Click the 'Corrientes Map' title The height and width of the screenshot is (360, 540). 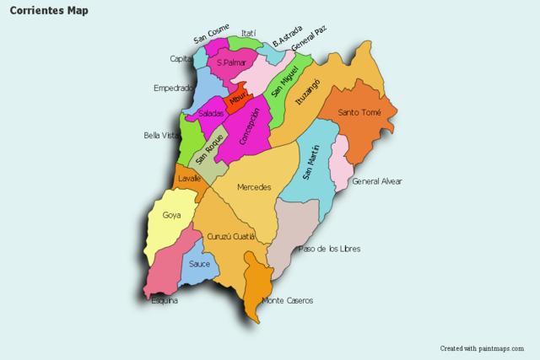[x=48, y=11]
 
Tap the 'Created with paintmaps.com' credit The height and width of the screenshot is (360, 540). [x=481, y=348]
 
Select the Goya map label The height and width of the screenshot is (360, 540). [x=172, y=215]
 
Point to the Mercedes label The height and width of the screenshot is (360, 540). [x=254, y=187]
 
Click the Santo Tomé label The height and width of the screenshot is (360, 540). [x=359, y=113]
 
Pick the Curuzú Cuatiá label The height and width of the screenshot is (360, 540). [x=230, y=236]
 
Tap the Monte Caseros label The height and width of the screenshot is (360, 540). [x=287, y=301]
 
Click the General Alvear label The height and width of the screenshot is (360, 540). [x=377, y=181]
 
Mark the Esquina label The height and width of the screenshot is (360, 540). [x=165, y=300]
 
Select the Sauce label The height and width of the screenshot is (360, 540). [x=200, y=264]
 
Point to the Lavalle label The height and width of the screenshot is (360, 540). [x=190, y=179]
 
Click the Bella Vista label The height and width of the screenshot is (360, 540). [x=161, y=135]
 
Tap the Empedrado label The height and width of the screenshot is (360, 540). [x=174, y=88]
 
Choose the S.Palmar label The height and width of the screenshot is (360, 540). [x=230, y=62]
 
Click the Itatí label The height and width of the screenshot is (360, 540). [x=248, y=34]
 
